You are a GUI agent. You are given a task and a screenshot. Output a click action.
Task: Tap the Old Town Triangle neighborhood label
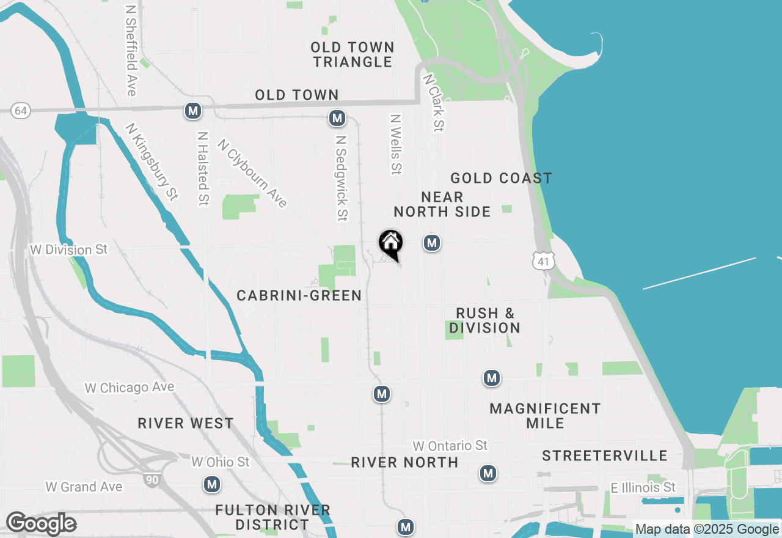click(x=353, y=54)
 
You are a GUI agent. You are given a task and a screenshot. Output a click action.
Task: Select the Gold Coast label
click(x=501, y=178)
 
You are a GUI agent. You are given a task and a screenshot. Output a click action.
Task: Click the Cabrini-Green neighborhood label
click(x=299, y=295)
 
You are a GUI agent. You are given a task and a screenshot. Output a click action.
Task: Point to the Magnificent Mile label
click(x=545, y=416)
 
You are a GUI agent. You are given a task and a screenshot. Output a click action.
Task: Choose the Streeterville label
click(x=605, y=455)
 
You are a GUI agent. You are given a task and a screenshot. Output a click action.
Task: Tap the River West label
click(x=186, y=423)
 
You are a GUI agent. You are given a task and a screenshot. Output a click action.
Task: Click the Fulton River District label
click(x=272, y=517)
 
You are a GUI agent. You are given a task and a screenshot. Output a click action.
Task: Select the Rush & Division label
click(x=485, y=320)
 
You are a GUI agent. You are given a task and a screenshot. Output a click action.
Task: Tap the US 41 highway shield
click(x=543, y=262)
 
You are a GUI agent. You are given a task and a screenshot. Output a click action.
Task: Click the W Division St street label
click(x=68, y=249)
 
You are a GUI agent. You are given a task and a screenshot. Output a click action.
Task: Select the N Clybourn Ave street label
click(x=252, y=174)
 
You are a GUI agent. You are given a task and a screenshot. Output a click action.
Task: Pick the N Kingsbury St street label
click(x=152, y=161)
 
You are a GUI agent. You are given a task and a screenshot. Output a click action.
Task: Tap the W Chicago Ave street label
click(x=130, y=388)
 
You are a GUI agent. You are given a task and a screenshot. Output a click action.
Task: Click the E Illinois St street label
click(x=643, y=487)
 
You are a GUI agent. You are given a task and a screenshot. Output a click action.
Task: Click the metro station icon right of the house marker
click(x=432, y=243)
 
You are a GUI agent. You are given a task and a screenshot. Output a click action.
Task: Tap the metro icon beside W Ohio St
click(x=212, y=484)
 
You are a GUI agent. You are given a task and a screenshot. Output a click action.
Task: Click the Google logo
click(x=41, y=524)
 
